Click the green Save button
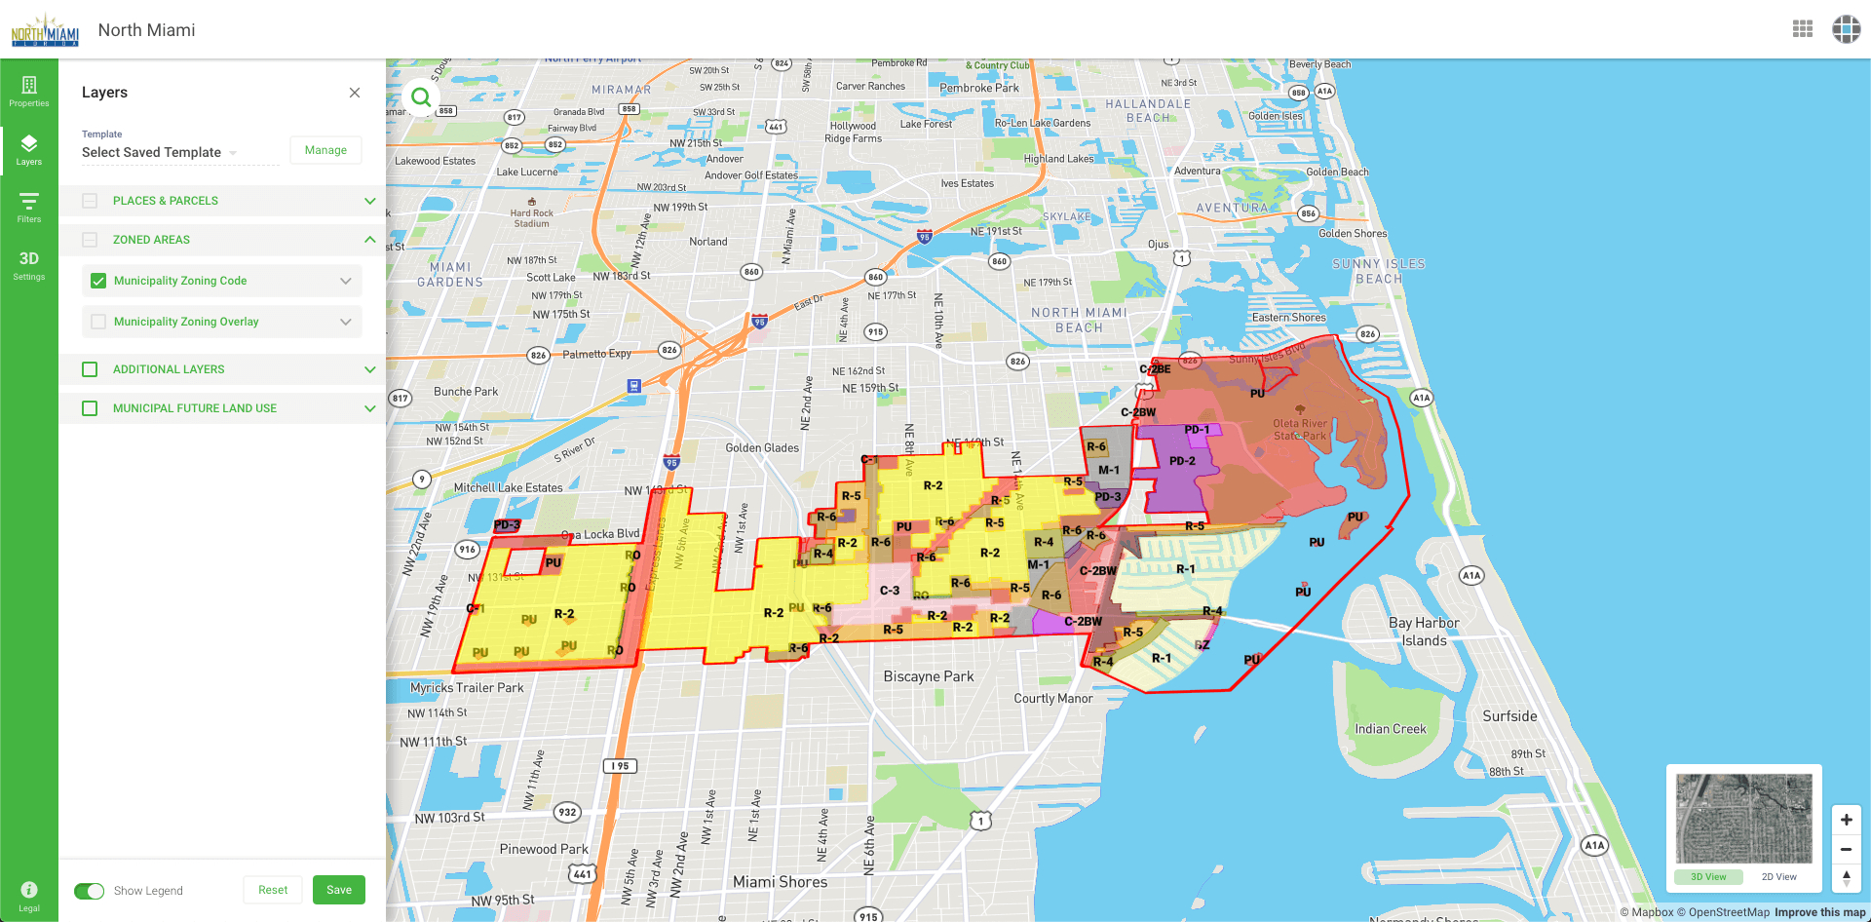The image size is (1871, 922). click(x=338, y=890)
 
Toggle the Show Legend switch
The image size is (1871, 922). click(x=90, y=891)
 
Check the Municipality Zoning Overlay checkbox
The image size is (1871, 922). click(x=98, y=322)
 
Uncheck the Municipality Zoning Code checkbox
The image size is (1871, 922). click(x=98, y=281)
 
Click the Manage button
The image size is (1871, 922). click(x=325, y=150)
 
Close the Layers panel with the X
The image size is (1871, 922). click(x=355, y=93)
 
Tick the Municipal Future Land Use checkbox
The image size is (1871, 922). click(x=90, y=408)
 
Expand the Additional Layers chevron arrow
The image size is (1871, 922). click(x=370, y=369)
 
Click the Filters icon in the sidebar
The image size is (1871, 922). click(x=29, y=207)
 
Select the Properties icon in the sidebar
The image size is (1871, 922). click(x=29, y=91)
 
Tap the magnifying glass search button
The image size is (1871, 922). click(x=421, y=97)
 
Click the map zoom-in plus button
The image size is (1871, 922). click(x=1846, y=820)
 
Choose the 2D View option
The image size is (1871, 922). click(x=1778, y=877)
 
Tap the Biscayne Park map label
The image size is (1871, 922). click(x=928, y=676)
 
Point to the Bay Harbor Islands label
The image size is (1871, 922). click(x=1424, y=632)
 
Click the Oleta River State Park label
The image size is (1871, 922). click(x=1300, y=429)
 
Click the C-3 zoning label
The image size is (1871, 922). click(x=890, y=591)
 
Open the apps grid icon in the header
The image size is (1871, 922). click(x=1803, y=29)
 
